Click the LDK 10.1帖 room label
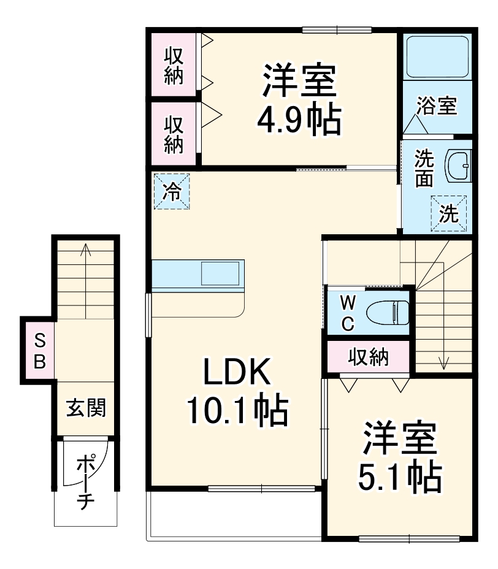tap(236, 392)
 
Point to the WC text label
tap(347, 313)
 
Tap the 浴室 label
tap(436, 105)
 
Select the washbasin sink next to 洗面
tap(457, 164)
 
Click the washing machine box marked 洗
tap(448, 213)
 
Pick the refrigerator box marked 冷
tap(172, 192)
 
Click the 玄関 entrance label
tap(86, 407)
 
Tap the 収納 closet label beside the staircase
tap(368, 357)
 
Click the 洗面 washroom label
tap(424, 168)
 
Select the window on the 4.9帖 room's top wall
tap(337, 29)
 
